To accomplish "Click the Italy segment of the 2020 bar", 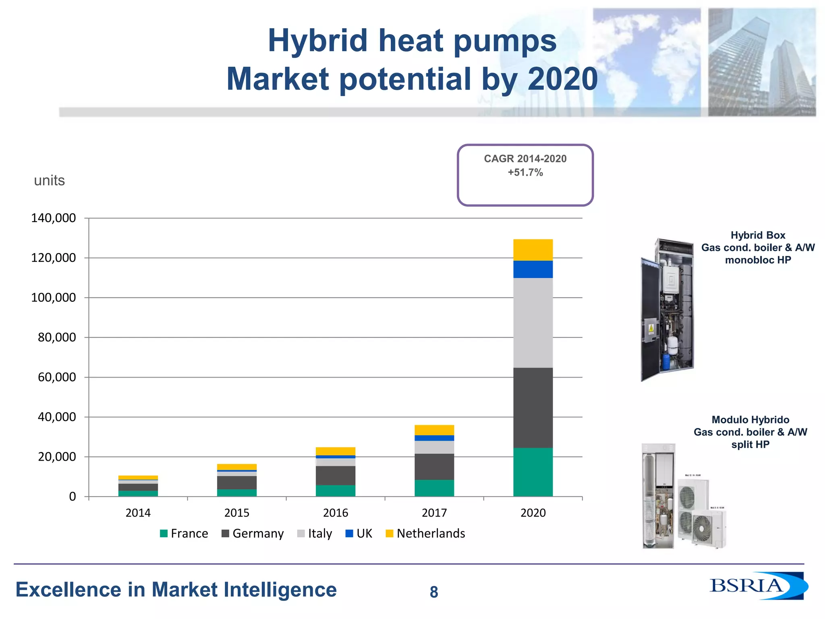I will click(533, 322).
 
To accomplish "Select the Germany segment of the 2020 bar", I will click(533, 407).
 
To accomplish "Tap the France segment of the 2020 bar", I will click(533, 472).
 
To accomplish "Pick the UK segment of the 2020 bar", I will click(533, 269).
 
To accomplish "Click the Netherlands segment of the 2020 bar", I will click(533, 250).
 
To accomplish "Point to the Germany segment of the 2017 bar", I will click(434, 466).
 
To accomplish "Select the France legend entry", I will click(184, 534).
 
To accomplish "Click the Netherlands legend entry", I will click(425, 534).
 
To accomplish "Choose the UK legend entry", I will click(359, 534).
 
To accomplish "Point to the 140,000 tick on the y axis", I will click(54, 218).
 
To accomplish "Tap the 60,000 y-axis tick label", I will click(57, 377).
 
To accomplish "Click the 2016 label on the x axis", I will click(336, 513).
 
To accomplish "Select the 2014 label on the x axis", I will click(138, 513).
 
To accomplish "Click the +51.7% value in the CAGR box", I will click(525, 172).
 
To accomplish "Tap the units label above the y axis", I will click(49, 181).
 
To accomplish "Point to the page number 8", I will click(434, 592).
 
